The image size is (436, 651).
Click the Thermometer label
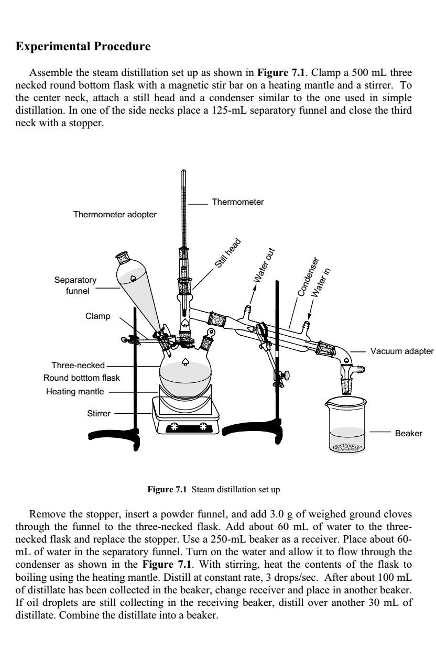237,202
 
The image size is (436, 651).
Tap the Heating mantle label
77,391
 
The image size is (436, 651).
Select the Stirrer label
98,413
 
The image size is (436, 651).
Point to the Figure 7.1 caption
218,490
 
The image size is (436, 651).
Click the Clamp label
97,316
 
